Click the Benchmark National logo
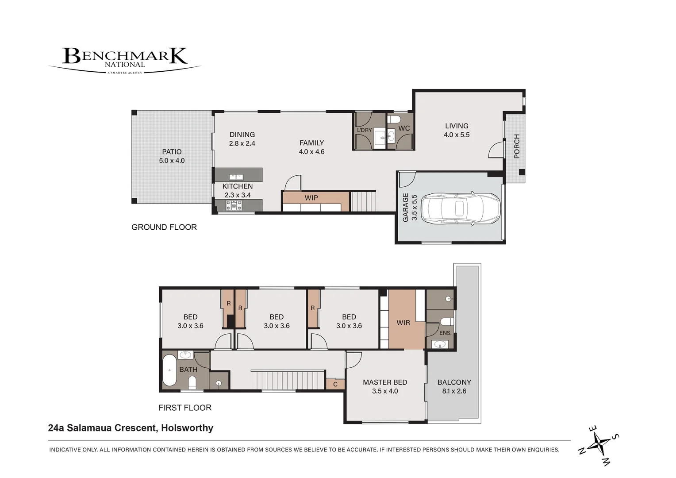[125, 60]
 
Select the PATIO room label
[172, 151]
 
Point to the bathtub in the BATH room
[169, 370]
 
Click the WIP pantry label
[311, 198]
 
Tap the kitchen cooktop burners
[234, 205]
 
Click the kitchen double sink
[236, 177]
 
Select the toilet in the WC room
[394, 119]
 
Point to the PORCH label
[517, 146]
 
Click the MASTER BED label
[385, 382]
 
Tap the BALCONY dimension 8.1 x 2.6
[454, 391]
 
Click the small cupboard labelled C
[335, 385]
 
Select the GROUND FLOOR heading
[164, 227]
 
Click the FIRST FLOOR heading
[185, 408]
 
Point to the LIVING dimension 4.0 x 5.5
[457, 135]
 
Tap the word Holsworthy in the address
[187, 428]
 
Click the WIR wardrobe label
[403, 323]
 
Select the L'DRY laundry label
[364, 130]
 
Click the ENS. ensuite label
[446, 333]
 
